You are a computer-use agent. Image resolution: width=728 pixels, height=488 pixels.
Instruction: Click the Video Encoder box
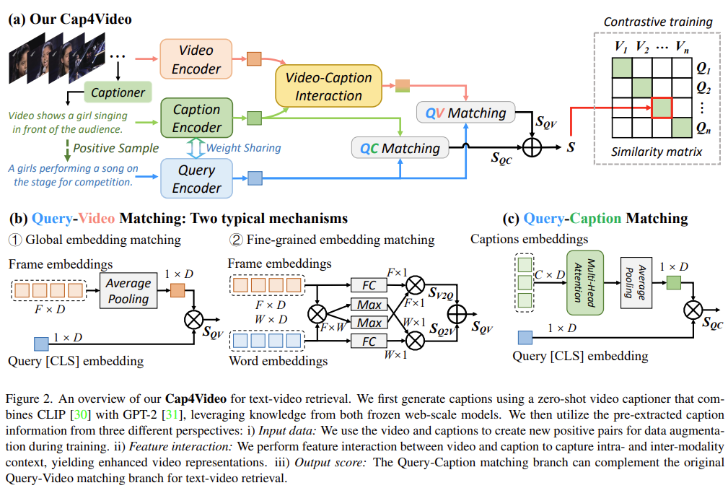coord(196,59)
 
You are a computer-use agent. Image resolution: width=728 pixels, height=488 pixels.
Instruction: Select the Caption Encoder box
coord(196,118)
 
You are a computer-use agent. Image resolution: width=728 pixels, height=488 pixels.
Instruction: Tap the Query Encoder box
coord(196,178)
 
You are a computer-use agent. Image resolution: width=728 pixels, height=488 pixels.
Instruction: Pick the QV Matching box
coord(465,113)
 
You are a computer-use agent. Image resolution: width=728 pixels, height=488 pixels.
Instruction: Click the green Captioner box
coord(118,92)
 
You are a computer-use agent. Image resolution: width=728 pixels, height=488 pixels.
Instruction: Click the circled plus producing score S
coord(532,148)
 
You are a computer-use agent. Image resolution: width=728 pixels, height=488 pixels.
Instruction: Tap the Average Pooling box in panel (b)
coord(128,290)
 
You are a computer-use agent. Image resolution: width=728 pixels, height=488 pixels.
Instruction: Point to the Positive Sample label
coord(115,148)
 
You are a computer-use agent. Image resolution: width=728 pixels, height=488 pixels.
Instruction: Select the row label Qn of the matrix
coord(704,130)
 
